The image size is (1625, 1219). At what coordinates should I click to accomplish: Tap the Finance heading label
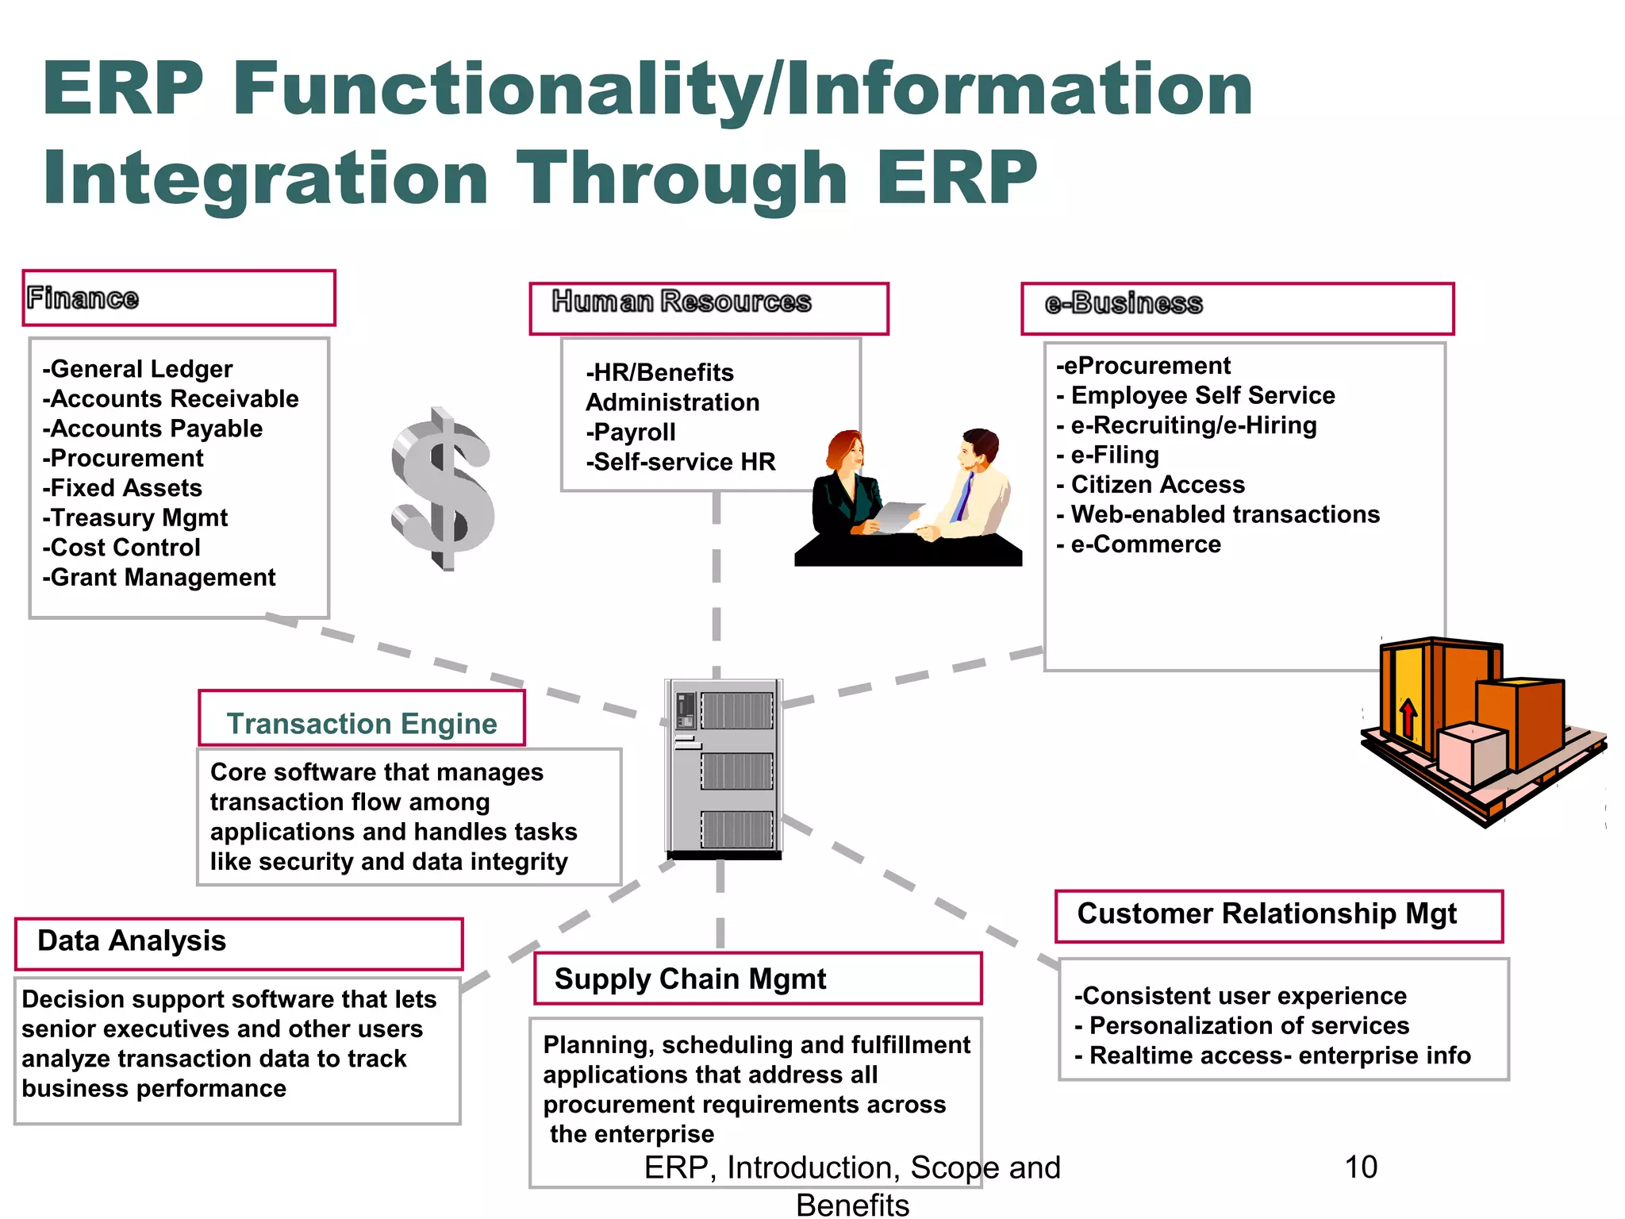tap(83, 298)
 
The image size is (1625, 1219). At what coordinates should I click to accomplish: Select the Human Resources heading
tap(682, 302)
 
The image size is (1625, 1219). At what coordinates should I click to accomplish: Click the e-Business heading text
tap(1124, 303)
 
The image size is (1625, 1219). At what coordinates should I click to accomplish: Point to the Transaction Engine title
tap(362, 724)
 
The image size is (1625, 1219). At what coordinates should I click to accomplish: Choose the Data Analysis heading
tap(132, 940)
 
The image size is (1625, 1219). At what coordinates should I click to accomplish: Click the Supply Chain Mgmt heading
tap(690, 979)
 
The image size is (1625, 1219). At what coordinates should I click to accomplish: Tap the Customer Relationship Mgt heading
tap(1266, 913)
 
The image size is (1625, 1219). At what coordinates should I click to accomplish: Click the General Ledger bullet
tap(138, 369)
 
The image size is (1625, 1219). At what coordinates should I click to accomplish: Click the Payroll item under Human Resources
tap(632, 432)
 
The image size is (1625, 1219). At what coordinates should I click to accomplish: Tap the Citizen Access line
tap(1151, 485)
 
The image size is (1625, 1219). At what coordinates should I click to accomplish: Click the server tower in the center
tap(724, 768)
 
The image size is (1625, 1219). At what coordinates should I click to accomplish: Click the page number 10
tap(1361, 1167)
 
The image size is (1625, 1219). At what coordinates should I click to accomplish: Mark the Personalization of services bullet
tap(1243, 1026)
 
